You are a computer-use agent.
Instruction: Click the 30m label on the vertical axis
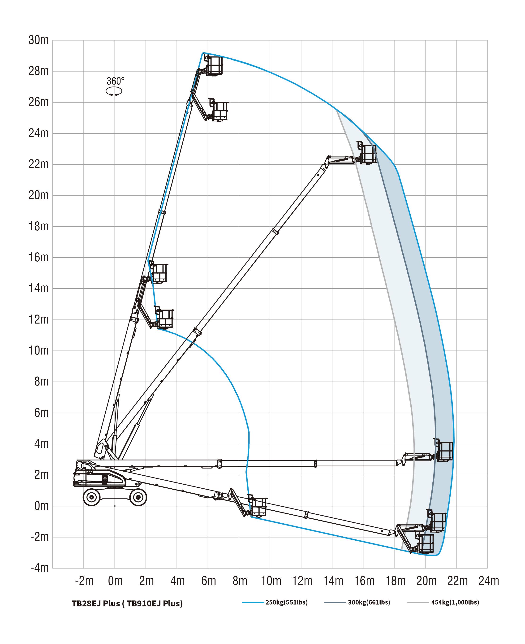pos(39,40)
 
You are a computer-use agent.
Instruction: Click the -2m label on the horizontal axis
pos(84,581)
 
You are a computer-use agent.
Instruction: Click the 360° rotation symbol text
pos(115,81)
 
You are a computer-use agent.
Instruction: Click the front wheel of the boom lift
pos(138,497)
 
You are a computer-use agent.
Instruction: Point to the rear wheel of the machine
pos(91,497)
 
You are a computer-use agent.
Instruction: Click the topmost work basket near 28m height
pos(214,66)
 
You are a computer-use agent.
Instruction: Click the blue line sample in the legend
pos(253,603)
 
